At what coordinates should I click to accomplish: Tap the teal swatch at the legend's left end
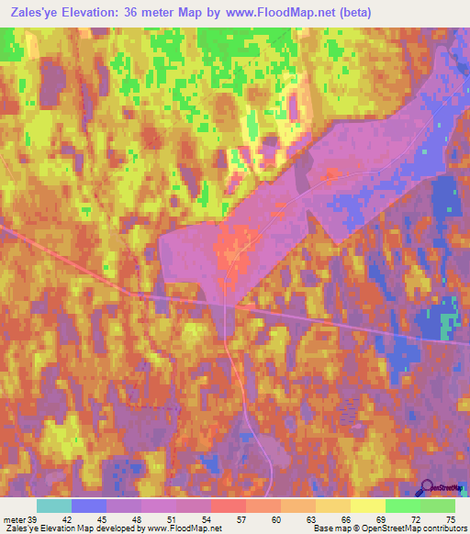(54, 506)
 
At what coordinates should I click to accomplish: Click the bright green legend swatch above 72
(402, 506)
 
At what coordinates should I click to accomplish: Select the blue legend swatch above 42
(89, 506)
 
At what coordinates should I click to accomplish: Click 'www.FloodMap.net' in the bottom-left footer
(174, 528)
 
